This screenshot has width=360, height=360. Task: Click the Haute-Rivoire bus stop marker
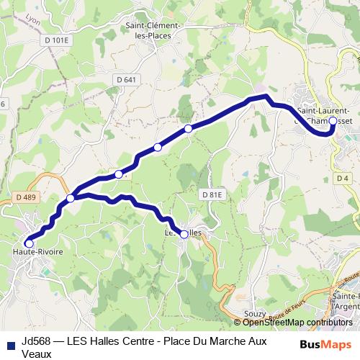pos(29,243)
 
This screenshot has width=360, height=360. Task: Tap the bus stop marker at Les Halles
pos(184,234)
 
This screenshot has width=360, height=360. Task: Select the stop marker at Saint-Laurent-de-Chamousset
pos(333,121)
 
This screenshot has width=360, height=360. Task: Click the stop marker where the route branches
pos(71,198)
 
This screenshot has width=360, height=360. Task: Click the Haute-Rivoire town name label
pos(37,253)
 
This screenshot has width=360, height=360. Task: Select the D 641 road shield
pos(125,79)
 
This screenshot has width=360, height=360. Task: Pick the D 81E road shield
pos(212,194)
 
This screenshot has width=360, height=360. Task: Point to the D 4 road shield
pos(342,178)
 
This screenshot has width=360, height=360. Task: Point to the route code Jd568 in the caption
pos(35,341)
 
